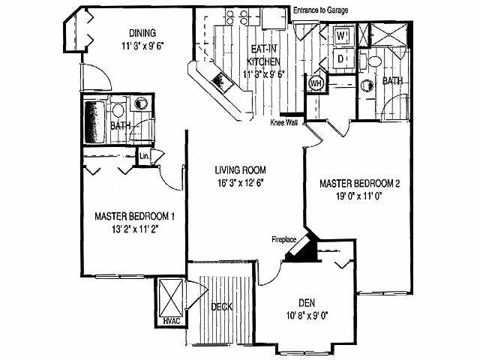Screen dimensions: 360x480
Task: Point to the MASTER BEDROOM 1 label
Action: click(135, 217)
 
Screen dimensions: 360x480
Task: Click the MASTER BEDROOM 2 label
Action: click(361, 183)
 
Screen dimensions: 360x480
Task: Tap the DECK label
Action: click(223, 306)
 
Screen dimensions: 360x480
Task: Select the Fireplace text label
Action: click(286, 239)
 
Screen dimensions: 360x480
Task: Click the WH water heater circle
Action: click(316, 84)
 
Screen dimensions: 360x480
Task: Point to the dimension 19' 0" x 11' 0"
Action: click(361, 196)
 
